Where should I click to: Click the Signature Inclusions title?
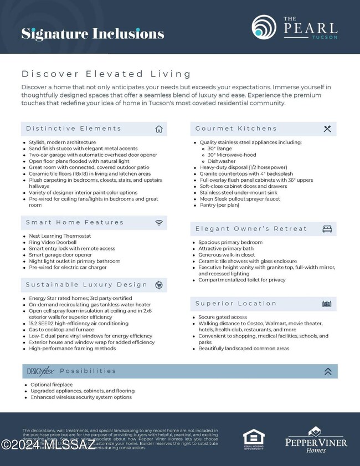pos(92,33)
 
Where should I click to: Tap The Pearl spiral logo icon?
pos(264,27)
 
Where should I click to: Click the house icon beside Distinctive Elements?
pos(159,129)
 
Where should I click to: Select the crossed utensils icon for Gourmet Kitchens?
pos(327,129)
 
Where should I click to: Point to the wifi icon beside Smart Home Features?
pos(159,223)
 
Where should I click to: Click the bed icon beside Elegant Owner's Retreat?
pos(327,229)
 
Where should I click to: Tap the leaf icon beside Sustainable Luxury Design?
pos(159,285)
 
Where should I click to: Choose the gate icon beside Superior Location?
pos(327,304)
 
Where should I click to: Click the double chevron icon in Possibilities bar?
pos(328,371)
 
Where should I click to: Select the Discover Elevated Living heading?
pos(106,74)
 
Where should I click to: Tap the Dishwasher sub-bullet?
pos(222,161)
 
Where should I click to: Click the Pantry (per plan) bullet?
pos(220,205)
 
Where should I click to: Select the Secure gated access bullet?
pos(223,317)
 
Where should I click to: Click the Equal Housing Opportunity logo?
pos(254,439)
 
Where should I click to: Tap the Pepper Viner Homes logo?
pos(316,439)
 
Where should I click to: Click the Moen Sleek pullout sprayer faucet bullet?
pos(240,199)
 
